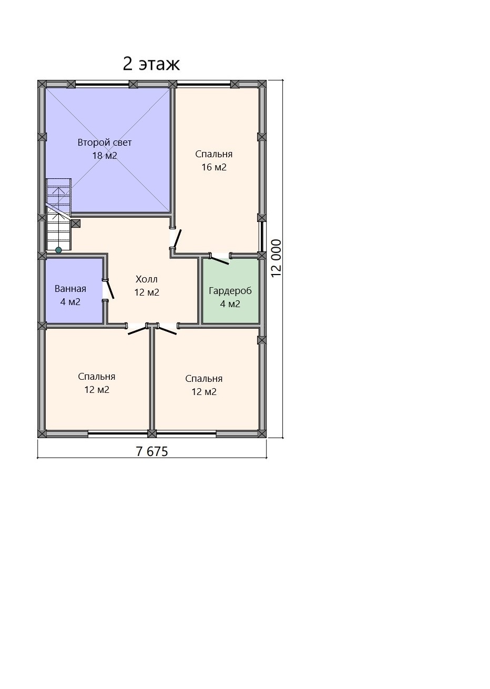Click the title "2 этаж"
[151, 64]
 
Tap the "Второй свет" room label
[105, 143]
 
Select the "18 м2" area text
[105, 156]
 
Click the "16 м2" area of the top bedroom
[214, 167]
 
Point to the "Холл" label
[147, 279]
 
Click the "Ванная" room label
[70, 289]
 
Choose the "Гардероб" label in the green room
[230, 291]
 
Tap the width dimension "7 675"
[152, 452]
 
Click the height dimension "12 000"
[277, 258]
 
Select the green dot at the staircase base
[58, 250]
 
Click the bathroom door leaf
[110, 289]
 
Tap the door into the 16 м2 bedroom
[177, 238]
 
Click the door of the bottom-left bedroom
[138, 330]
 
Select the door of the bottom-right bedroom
[167, 330]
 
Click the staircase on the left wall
[58, 215]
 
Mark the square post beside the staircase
[76, 224]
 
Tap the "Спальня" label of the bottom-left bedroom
[97, 377]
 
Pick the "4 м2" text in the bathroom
[70, 302]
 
